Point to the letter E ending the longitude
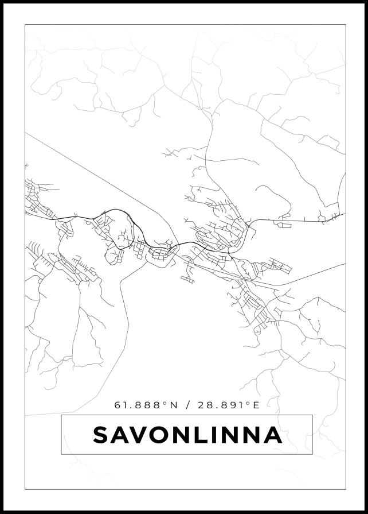[256, 405]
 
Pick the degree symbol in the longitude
[248, 403]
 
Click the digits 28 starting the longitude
[203, 405]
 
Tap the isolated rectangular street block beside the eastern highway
[283, 225]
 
